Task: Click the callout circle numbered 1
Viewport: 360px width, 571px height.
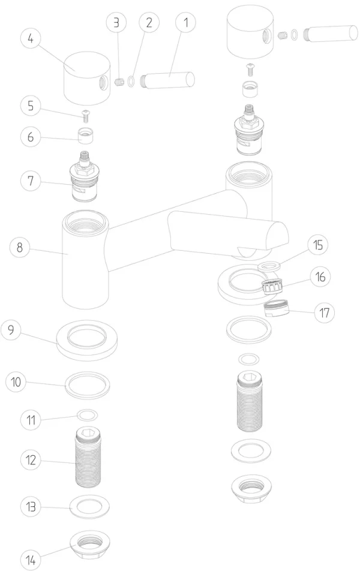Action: click(185, 22)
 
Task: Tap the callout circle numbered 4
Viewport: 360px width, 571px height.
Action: click(30, 38)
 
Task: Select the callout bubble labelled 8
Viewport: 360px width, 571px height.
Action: click(20, 247)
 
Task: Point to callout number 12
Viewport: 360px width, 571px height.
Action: click(31, 459)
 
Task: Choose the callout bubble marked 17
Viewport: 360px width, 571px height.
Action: click(324, 312)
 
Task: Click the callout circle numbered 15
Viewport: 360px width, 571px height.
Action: click(318, 245)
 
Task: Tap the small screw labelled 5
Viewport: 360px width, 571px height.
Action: click(86, 116)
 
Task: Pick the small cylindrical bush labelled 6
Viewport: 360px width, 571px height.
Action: click(86, 136)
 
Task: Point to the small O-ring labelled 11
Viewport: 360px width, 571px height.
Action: click(88, 414)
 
